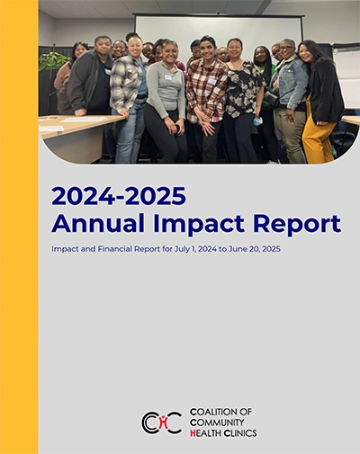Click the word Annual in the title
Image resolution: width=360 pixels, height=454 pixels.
pos(91,223)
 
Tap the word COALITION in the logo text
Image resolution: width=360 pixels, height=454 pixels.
pos(216,411)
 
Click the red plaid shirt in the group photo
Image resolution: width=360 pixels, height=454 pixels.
pos(205,90)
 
